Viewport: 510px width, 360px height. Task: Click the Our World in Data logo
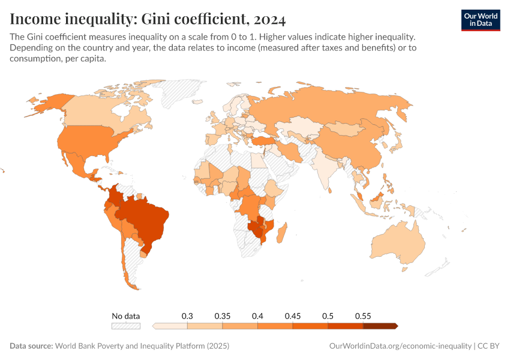480,19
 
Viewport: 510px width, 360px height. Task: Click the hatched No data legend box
125,326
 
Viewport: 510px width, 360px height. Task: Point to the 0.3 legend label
187,316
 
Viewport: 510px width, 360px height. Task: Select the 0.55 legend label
363,316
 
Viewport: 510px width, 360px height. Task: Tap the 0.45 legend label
293,316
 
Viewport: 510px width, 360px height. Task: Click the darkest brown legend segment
380,326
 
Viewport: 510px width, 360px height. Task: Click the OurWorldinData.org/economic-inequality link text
400,346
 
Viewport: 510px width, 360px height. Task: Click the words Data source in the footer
31,346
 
